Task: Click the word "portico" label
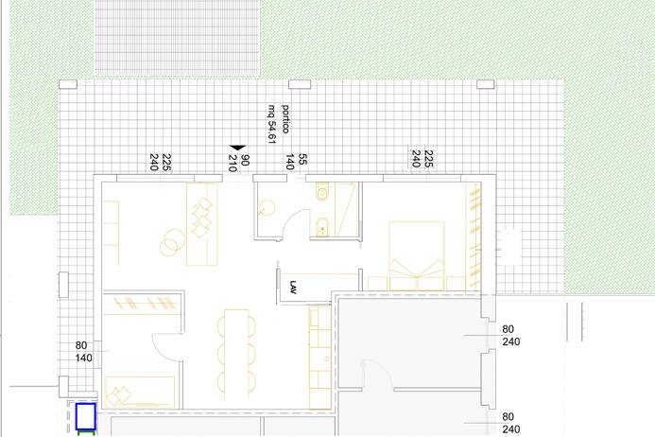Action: point(285,119)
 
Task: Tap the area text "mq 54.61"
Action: point(272,124)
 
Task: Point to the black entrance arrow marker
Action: point(237,148)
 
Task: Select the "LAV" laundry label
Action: point(293,288)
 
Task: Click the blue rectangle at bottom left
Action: point(86,416)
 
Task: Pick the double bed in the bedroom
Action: point(417,256)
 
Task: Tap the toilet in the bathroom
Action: point(322,191)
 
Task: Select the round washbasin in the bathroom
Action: point(267,208)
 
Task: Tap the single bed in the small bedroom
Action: point(140,393)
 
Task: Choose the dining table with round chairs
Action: point(236,355)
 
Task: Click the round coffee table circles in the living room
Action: point(172,242)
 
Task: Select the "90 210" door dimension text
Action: point(239,163)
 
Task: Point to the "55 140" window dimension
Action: point(296,162)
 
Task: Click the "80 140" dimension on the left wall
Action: point(83,352)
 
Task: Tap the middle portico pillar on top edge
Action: point(300,84)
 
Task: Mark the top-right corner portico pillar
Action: point(486,84)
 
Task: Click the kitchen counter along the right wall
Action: point(320,358)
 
